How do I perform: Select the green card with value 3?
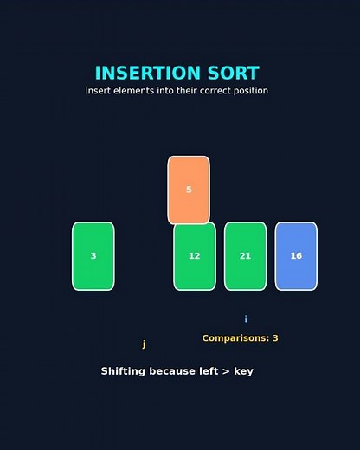coord(93,256)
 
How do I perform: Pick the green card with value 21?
coord(246,256)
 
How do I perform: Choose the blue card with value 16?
coord(296,256)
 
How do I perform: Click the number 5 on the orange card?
coord(189,190)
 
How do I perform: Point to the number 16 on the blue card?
coord(296,256)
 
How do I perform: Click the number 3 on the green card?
coord(93,256)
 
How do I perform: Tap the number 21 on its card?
coord(246,256)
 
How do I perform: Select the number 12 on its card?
coord(195,256)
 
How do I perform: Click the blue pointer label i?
coord(246,319)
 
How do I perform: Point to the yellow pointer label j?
coord(144,344)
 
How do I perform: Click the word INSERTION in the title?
coord(146,74)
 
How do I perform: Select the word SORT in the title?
coord(231,74)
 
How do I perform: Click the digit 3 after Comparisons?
coord(275,338)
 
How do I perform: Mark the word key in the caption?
coord(242,371)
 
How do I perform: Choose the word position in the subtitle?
coord(247,91)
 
